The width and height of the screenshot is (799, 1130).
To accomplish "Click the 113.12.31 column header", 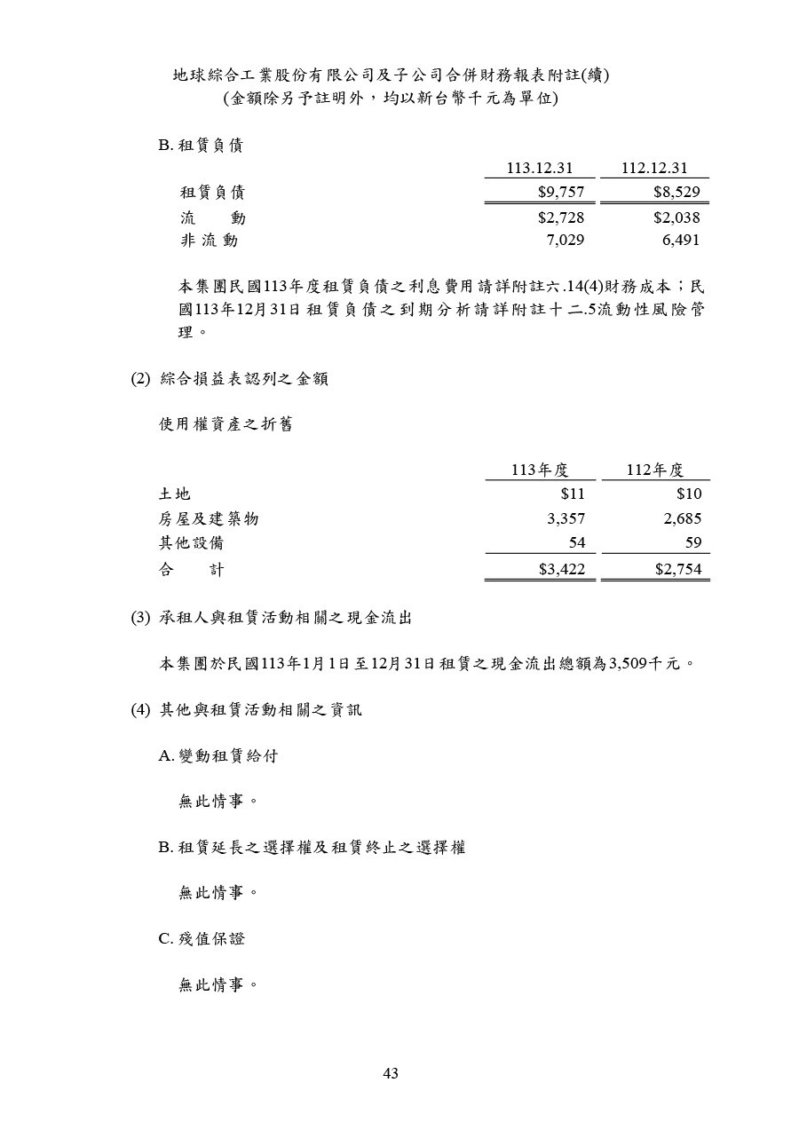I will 540,169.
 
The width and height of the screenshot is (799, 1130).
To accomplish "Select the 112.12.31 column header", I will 654,169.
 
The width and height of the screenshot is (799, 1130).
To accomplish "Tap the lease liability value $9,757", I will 561,192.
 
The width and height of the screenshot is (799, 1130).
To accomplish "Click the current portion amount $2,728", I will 561,217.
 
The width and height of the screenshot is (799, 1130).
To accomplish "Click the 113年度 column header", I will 540,470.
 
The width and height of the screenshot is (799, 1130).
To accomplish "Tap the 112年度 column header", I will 654,470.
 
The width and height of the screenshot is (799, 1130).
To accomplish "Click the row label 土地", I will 175,494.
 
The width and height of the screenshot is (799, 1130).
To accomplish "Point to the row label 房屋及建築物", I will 209,519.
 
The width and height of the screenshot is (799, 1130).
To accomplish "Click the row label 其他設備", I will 192,543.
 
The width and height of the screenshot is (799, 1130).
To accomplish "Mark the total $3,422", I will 561,570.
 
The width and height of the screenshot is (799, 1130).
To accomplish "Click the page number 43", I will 391,1074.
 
